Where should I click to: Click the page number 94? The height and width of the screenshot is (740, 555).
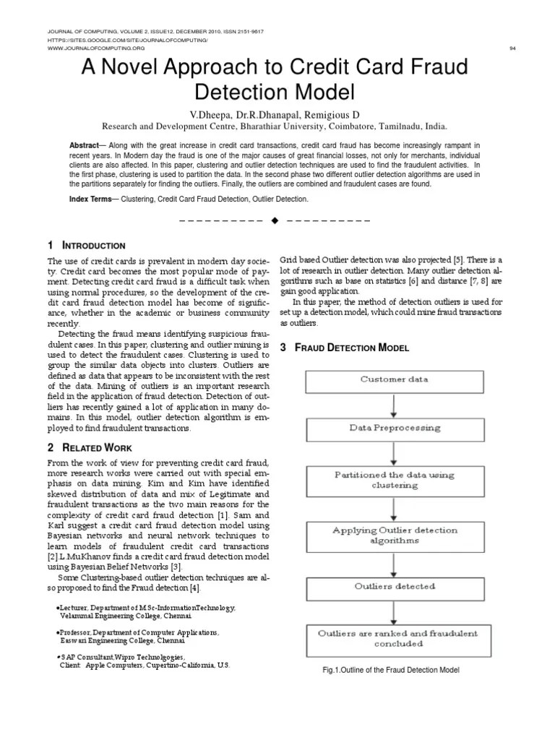tap(512, 48)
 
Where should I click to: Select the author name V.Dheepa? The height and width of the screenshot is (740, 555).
tap(214, 114)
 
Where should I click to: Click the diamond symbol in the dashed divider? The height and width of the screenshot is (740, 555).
tap(275, 220)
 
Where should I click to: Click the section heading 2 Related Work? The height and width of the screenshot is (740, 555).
tap(90, 448)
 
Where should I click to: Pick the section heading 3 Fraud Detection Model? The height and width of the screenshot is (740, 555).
tap(345, 348)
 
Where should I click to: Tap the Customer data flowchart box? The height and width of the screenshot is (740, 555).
tap(394, 379)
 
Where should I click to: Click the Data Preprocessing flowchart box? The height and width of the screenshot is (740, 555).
tap(394, 428)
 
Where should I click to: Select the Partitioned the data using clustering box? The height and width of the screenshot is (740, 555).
tap(394, 481)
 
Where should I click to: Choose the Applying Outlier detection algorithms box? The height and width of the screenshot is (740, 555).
tap(394, 535)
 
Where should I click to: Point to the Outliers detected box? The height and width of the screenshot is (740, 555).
tap(394, 587)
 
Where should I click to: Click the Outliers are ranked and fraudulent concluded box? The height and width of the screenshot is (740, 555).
tap(394, 638)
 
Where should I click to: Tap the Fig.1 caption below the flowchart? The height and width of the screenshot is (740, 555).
tap(391, 670)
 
